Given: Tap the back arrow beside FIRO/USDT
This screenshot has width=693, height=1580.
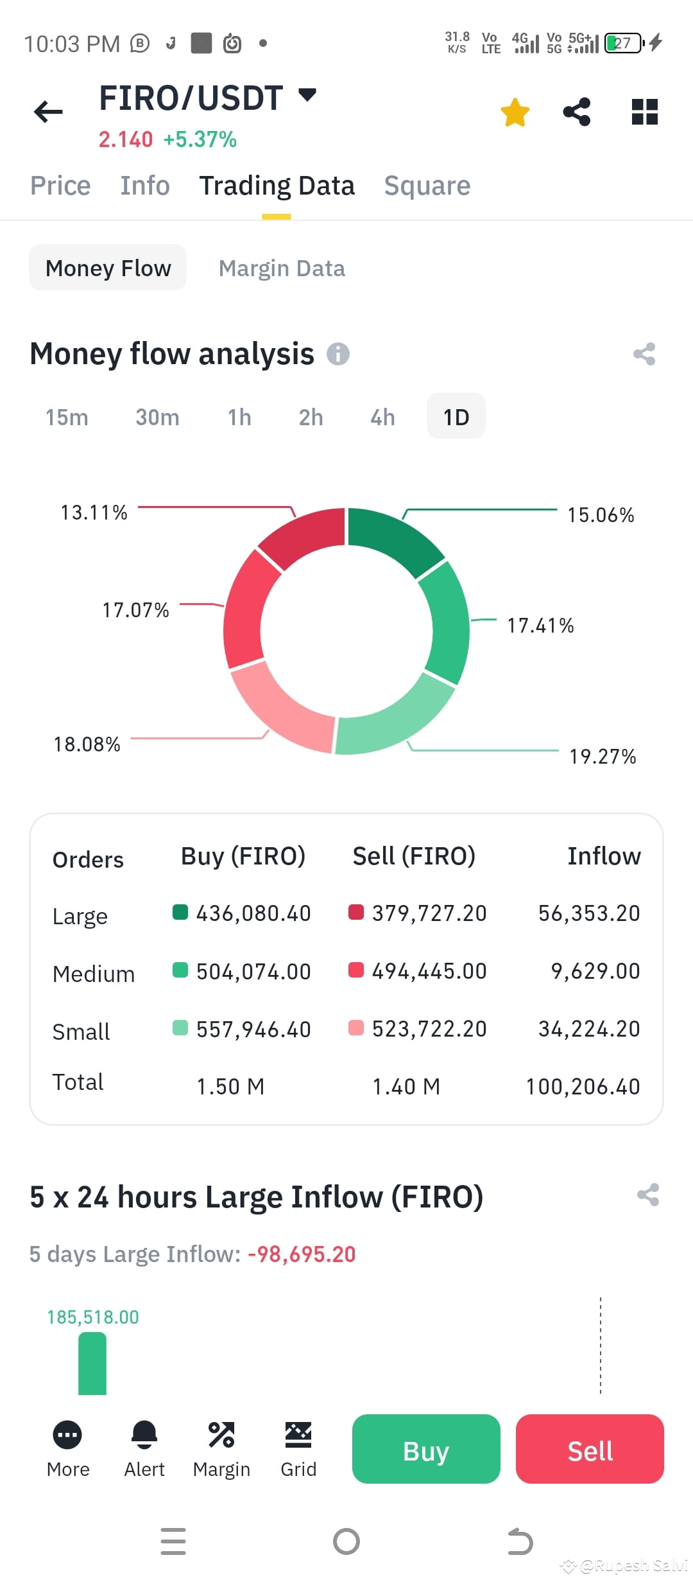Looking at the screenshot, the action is click(x=48, y=112).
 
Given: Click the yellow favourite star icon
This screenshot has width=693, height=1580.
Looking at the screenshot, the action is click(x=515, y=112).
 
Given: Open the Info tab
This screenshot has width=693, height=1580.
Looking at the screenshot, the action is click(x=145, y=186).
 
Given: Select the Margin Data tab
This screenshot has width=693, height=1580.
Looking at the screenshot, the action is click(x=282, y=268).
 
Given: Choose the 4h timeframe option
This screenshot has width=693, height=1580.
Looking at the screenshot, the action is click(x=382, y=417).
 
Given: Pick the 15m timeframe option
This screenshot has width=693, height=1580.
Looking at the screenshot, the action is click(x=67, y=417).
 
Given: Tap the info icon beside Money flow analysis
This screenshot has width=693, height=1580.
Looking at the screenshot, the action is click(x=338, y=354).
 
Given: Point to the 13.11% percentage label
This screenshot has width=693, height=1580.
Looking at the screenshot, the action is click(x=94, y=513).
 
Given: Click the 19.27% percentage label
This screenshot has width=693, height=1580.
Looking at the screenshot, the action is click(x=603, y=757).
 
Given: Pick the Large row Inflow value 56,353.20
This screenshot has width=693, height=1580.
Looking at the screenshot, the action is click(x=589, y=913).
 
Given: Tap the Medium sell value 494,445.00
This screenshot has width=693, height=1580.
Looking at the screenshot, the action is click(x=429, y=971).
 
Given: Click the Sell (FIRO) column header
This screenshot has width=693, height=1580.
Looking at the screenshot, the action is click(x=414, y=856).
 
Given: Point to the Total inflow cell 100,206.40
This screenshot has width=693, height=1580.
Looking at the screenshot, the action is click(x=583, y=1087).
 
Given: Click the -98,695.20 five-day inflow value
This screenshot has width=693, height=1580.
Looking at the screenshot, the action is click(x=302, y=1254).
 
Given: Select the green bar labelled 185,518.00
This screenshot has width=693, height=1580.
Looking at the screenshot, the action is click(x=92, y=1363).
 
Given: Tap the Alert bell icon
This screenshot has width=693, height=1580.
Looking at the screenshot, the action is click(x=144, y=1435).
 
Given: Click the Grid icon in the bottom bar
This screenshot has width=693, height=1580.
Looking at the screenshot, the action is click(x=298, y=1435).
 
